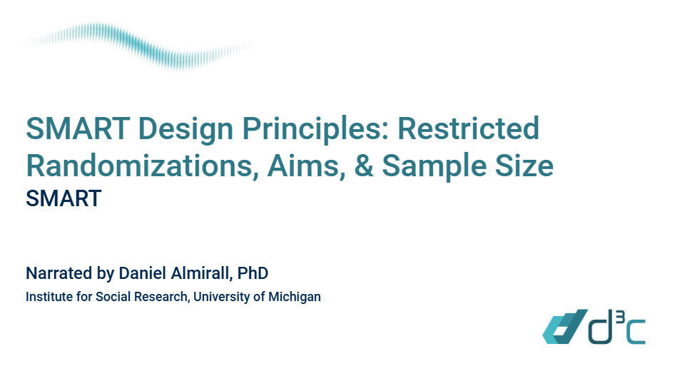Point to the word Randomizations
point(138,166)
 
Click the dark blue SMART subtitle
point(63,198)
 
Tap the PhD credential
point(253,273)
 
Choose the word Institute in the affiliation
point(48,297)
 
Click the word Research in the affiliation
point(161,297)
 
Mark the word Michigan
point(295,297)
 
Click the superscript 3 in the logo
point(615,317)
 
